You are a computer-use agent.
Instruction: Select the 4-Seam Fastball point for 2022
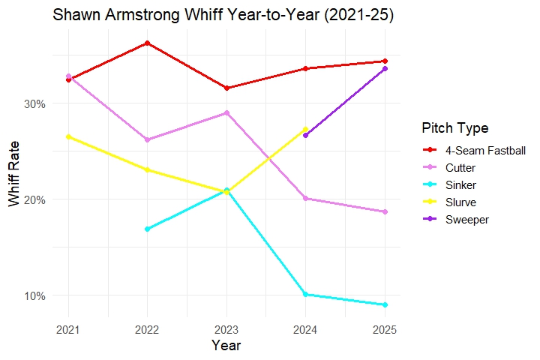coord(148,43)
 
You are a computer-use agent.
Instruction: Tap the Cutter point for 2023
coord(226,113)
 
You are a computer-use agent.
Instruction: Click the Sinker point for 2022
coord(148,229)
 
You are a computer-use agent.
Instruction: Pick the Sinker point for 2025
coord(385,304)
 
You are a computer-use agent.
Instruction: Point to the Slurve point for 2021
coord(69,136)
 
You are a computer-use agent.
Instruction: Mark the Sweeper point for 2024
coord(305,135)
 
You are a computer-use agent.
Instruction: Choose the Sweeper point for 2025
coord(385,68)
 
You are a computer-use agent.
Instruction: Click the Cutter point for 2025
coord(385,212)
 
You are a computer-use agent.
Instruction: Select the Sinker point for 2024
coord(305,295)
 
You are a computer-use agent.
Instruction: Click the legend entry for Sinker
coord(460,184)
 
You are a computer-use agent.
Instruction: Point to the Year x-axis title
coord(226,345)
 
